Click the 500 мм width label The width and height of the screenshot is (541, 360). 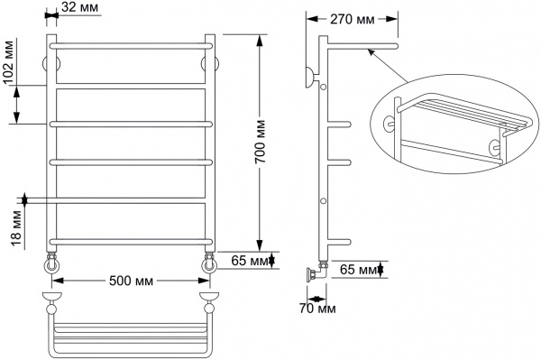point(130,280)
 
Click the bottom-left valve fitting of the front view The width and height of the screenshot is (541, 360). point(52,263)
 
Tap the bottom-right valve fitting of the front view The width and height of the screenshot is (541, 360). point(209,263)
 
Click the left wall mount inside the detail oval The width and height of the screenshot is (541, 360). point(391,124)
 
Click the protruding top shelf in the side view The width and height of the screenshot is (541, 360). point(361,43)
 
